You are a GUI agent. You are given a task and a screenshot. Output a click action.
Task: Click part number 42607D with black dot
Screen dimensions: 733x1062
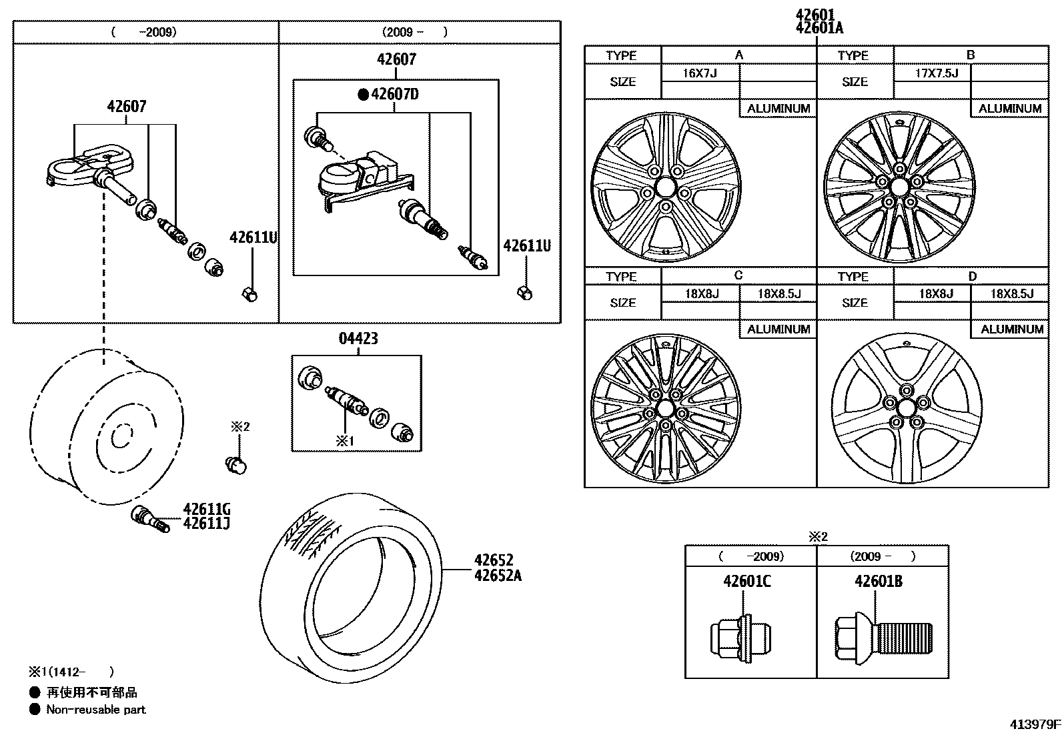[390, 94]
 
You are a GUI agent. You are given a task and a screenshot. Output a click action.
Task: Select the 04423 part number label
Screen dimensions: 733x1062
[358, 339]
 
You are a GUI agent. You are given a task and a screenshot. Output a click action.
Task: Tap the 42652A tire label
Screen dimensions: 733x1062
[498, 575]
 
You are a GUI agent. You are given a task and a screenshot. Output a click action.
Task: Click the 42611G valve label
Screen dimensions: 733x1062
[207, 509]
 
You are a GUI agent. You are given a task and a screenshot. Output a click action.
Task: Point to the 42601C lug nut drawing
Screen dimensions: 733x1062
[740, 633]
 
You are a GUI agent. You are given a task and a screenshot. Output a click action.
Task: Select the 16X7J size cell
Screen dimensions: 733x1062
[700, 73]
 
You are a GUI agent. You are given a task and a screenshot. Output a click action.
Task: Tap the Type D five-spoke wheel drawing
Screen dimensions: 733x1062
[907, 408]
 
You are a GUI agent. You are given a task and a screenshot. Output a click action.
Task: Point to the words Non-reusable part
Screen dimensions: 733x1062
[95, 710]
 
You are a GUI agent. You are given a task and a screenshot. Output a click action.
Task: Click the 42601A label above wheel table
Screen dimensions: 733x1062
[819, 28]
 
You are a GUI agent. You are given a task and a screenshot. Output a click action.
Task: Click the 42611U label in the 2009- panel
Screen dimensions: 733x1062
[527, 245]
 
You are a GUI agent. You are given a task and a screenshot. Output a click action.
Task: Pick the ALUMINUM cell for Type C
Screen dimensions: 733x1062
[778, 329]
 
